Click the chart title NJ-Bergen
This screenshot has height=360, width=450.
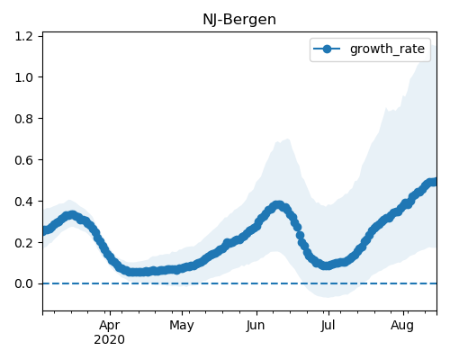click(x=239, y=20)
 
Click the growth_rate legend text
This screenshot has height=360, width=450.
click(x=387, y=49)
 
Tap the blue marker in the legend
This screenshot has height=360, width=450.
click(x=327, y=49)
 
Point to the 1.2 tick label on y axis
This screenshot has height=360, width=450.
click(x=23, y=36)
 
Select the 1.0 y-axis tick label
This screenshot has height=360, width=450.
click(x=23, y=77)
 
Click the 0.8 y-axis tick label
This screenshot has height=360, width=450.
click(x=23, y=119)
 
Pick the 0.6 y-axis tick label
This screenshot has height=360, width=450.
click(x=23, y=160)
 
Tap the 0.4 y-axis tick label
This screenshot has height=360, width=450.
click(x=23, y=202)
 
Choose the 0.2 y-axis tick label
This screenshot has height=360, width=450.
click(x=23, y=242)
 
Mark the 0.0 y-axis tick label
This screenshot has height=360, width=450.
click(x=23, y=283)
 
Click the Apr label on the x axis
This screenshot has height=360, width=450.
click(x=110, y=326)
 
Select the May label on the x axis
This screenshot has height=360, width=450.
click(x=182, y=326)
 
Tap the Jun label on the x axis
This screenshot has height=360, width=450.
click(x=256, y=326)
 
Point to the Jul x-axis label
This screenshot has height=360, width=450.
click(x=328, y=326)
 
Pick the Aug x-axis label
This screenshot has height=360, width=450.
click(x=402, y=326)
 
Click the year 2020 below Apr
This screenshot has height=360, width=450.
click(x=109, y=340)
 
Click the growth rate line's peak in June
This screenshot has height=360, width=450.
click(x=278, y=205)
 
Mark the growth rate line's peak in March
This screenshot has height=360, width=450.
click(x=71, y=215)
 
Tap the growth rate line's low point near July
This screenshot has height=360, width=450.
click(x=327, y=265)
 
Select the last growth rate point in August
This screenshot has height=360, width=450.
click(x=434, y=182)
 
